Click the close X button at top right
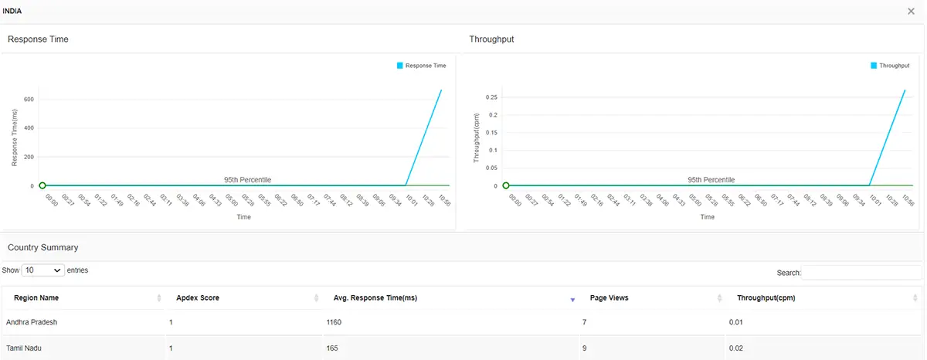(912, 11)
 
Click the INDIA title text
(13, 11)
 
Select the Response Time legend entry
(421, 66)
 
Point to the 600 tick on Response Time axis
(29, 99)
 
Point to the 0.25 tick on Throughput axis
(490, 97)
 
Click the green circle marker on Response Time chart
(42, 185)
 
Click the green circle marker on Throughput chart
(506, 185)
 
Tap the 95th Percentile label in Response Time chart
(247, 180)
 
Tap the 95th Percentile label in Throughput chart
(711, 180)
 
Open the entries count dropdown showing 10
(43, 270)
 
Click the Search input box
(861, 273)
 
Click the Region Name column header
(36, 298)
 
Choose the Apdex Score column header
(199, 298)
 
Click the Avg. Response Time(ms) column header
(375, 298)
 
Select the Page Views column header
(609, 298)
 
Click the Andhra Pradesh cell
(32, 321)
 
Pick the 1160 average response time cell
(334, 321)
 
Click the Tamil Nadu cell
(23, 348)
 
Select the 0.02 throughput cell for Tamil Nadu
(735, 348)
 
